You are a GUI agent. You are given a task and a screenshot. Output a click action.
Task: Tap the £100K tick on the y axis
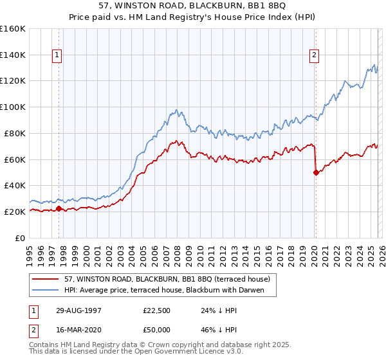tap(13, 107)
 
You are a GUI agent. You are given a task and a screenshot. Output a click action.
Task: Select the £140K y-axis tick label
tap(13, 55)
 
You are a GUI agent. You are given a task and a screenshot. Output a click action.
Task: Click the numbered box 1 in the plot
tap(58, 56)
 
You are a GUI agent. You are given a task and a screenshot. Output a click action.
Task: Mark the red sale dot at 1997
tap(59, 208)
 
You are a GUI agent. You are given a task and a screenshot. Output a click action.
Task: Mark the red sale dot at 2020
tap(316, 172)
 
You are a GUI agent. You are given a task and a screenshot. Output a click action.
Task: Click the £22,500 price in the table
tap(157, 310)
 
